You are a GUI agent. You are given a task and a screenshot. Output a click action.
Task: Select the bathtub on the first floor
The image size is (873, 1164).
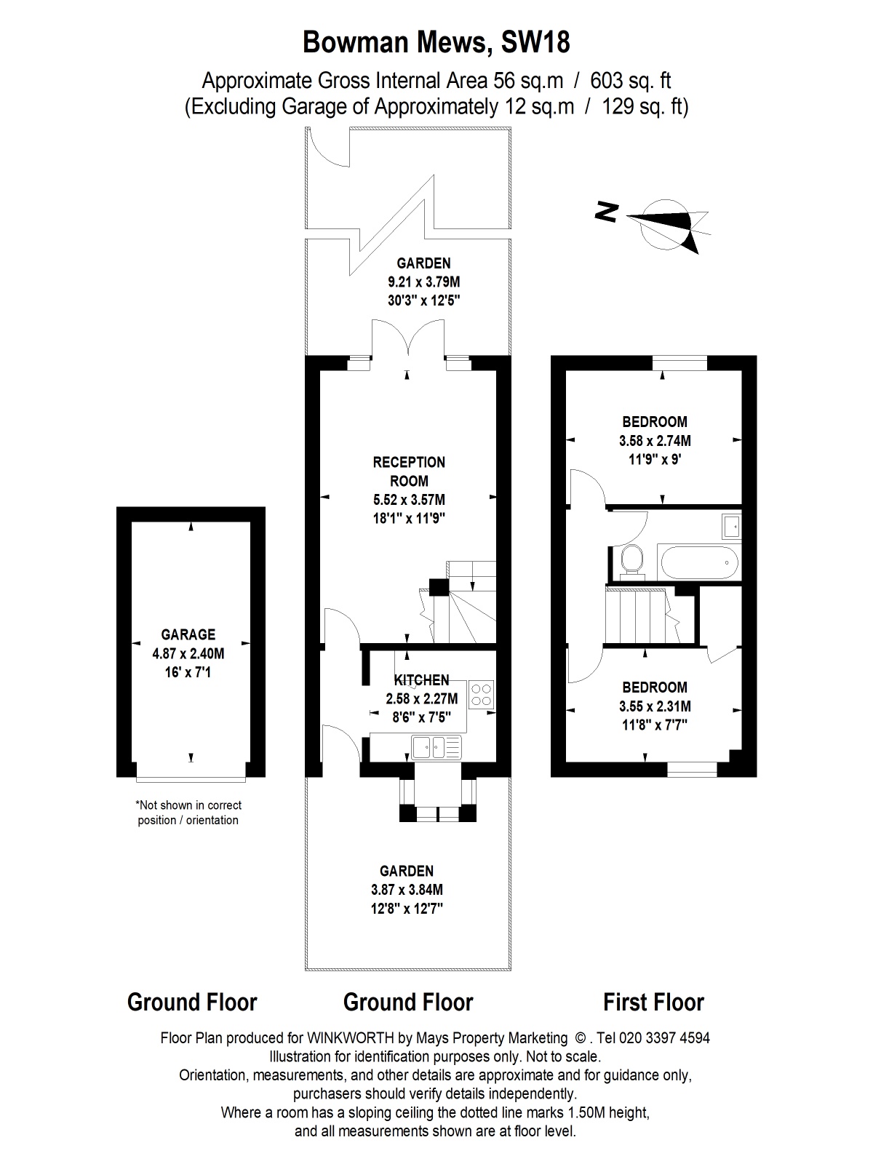pyautogui.click(x=700, y=562)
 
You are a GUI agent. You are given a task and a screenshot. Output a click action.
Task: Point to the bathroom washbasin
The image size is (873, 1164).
pyautogui.click(x=731, y=525)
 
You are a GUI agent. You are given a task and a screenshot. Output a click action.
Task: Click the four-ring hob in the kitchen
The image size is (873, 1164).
pyautogui.click(x=482, y=694)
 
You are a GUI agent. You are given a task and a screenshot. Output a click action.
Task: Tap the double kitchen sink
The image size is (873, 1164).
pyautogui.click(x=436, y=746)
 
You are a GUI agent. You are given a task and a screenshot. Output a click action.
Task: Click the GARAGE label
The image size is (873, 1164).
pyautogui.click(x=188, y=634)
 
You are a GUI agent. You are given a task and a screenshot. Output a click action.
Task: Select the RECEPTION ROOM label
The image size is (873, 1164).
pyautogui.click(x=409, y=471)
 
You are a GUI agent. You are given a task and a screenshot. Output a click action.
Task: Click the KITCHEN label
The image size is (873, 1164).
pyautogui.click(x=421, y=680)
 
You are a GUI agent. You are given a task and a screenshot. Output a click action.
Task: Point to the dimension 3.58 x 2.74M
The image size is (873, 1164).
pyautogui.click(x=655, y=440)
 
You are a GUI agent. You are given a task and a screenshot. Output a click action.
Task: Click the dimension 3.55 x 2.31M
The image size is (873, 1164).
pyautogui.click(x=655, y=706)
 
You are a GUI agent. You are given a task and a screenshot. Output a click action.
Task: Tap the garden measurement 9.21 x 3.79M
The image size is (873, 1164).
pyautogui.click(x=423, y=282)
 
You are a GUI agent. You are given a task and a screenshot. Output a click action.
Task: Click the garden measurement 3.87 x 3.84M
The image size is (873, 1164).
pyautogui.click(x=407, y=889)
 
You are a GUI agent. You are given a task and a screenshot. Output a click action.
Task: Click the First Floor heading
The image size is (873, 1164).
pyautogui.click(x=653, y=1002)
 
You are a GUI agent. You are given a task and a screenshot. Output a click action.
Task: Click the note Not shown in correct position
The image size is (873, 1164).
pyautogui.click(x=188, y=813)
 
